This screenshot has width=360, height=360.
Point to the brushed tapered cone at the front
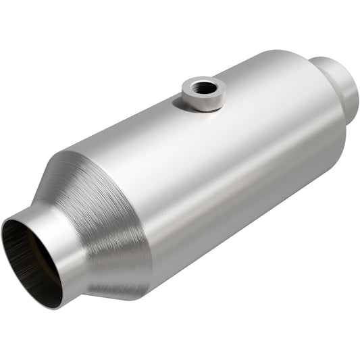coord(111,223)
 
